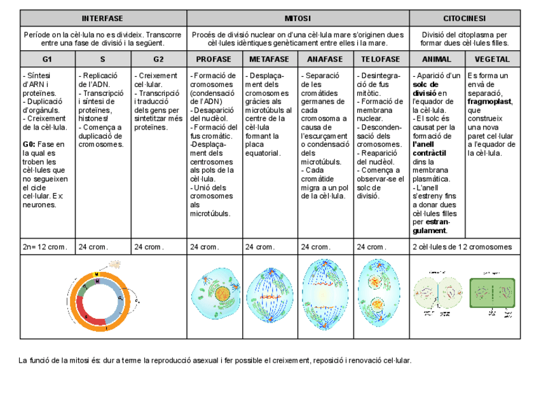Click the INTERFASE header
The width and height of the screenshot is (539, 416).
pos(102,18)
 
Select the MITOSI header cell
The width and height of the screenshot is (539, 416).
pos(298,18)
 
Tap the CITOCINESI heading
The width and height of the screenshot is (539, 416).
pos(464,18)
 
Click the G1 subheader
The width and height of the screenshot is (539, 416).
pos(47,59)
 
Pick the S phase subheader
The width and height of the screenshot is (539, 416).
pos(102,59)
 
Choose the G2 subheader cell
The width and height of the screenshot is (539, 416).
pos(158,59)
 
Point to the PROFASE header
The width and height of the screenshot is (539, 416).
pos(214,59)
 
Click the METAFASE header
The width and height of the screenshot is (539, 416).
pos(269,59)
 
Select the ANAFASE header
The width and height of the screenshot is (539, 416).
pos(325,59)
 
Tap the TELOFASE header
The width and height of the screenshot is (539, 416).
pos(381,59)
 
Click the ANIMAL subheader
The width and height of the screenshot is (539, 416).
pos(437,59)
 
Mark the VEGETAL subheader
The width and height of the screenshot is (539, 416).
pos(492,59)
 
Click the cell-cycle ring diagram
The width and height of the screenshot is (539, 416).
pos(102,297)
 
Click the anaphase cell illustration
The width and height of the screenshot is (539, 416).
pos(325,296)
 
